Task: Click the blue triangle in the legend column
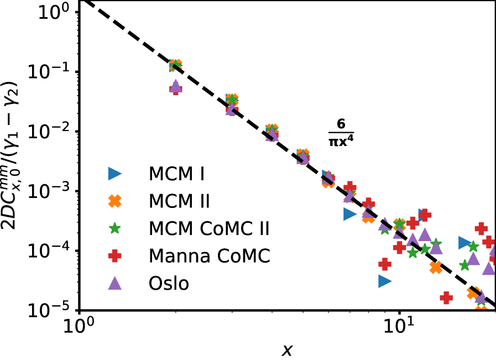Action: (114, 174)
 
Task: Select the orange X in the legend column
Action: (114, 201)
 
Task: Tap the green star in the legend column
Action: (114, 228)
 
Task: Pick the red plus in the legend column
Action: (114, 255)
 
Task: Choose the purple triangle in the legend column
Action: (114, 283)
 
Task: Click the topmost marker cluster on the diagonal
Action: (175, 65)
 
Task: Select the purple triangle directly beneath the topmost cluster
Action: (175, 85)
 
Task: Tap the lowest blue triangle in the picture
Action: (384, 281)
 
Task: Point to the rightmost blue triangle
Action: (464, 243)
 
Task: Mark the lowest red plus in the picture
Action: (446, 298)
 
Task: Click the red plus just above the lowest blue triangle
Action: (385, 264)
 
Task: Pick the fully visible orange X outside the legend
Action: (436, 268)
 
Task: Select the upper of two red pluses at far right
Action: (481, 228)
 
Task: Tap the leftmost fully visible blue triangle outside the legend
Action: (349, 214)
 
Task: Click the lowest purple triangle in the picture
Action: (481, 297)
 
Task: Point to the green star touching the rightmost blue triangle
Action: (473, 247)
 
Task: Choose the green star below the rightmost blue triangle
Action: (464, 265)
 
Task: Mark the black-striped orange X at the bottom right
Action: (473, 293)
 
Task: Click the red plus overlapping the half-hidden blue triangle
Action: (425, 215)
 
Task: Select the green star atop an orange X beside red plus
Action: (399, 223)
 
